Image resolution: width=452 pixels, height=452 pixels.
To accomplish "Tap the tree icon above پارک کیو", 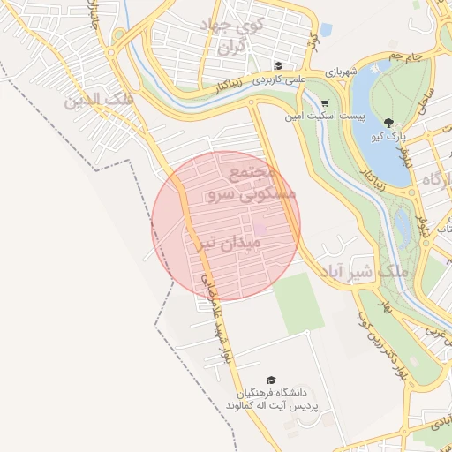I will click(388, 122).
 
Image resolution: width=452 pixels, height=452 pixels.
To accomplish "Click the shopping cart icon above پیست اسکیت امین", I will click(324, 103).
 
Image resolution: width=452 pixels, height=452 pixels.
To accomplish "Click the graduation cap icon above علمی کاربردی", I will click(278, 65).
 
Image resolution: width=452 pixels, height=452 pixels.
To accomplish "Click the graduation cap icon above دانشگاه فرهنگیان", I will click(270, 380).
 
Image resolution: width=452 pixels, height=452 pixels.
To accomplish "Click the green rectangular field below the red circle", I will click(298, 303).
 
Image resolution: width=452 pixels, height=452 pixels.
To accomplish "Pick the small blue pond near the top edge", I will click(326, 31).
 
